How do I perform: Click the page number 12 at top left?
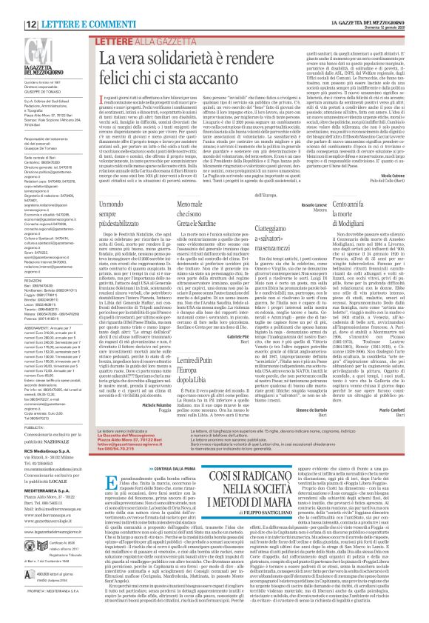13,8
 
